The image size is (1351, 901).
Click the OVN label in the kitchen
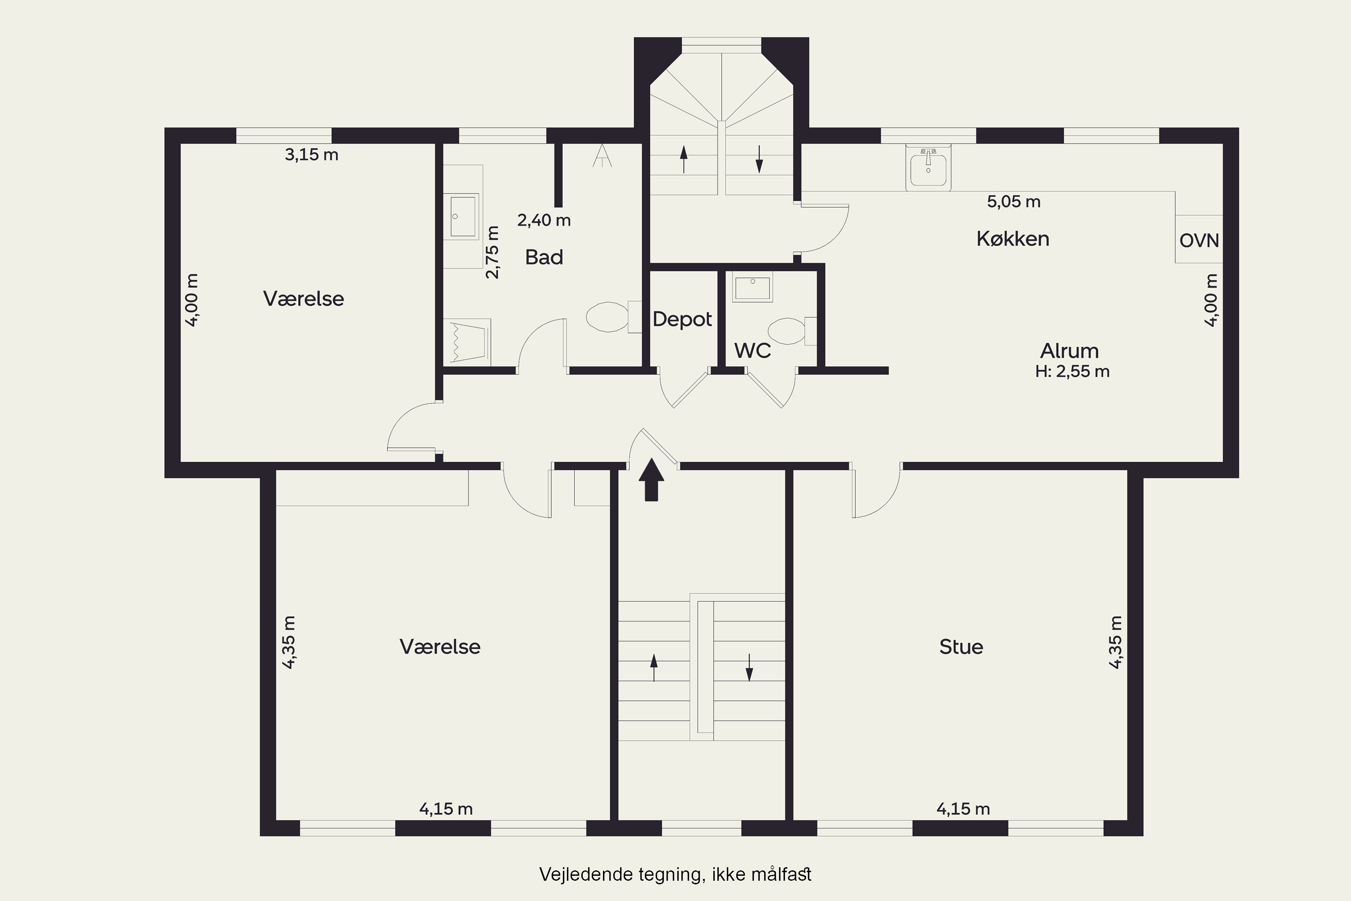tap(1199, 240)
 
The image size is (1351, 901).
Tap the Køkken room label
tap(1013, 238)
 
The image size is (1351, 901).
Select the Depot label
tap(682, 319)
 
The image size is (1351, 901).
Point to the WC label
tap(753, 350)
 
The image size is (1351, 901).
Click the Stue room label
tap(961, 647)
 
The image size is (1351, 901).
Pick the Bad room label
tap(544, 257)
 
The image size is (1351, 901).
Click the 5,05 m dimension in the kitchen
tap(1014, 202)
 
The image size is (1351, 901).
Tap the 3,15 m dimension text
tap(311, 155)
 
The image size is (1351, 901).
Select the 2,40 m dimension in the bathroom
tap(544, 220)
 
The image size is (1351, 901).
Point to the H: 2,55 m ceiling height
tap(1072, 371)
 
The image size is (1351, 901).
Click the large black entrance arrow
tap(651, 479)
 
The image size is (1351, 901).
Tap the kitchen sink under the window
tap(928, 167)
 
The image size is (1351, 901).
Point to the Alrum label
tap(1070, 350)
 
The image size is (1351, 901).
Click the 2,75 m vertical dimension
tap(493, 252)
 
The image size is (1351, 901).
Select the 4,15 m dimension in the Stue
tap(963, 809)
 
